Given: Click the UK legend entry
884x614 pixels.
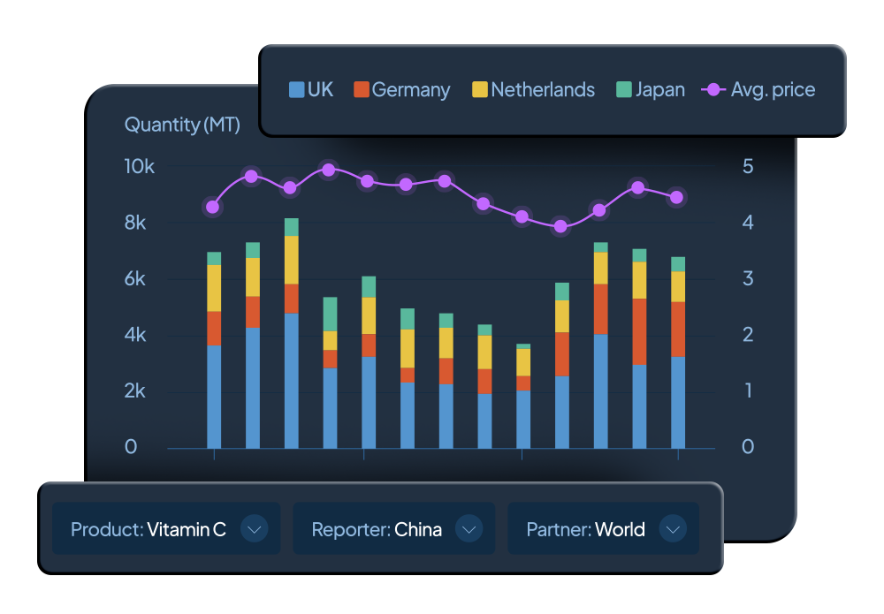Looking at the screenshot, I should (x=311, y=89).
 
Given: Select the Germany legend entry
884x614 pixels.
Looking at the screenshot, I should (x=401, y=89).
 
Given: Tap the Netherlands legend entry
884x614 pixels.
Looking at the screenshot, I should (x=533, y=89).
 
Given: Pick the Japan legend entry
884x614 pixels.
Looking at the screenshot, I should (x=650, y=89).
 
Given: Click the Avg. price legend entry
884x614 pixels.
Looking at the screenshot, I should (x=758, y=89).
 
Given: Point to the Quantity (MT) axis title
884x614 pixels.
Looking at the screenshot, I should (x=182, y=125).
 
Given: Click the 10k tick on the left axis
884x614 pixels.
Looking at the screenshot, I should (x=140, y=166).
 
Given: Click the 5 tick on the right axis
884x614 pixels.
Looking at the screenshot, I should (x=747, y=166).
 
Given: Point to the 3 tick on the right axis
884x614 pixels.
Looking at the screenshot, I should (x=747, y=278).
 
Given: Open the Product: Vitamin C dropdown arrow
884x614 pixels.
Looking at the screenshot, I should (x=255, y=529).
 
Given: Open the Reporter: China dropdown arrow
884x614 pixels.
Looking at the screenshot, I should (x=469, y=529).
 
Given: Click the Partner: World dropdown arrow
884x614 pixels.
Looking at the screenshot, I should (x=674, y=529).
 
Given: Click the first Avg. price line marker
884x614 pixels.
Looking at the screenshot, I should (x=213, y=207).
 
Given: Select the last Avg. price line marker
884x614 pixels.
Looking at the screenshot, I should (x=677, y=197).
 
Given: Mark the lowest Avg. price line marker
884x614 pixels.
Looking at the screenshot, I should (x=560, y=226).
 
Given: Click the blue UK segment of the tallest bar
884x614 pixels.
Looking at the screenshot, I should (x=291, y=380).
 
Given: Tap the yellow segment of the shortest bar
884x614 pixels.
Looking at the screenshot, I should (x=523, y=362).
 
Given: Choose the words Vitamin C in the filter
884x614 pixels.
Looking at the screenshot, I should (x=187, y=529).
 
